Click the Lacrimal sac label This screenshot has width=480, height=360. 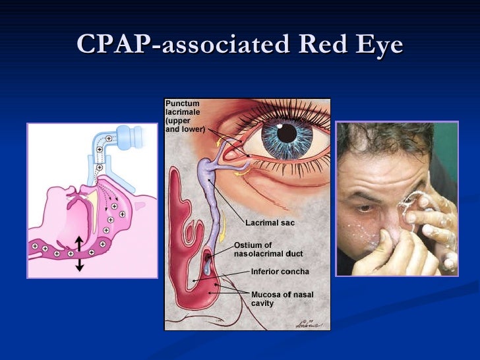coord(270,223)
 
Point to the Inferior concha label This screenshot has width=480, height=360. coord(280,271)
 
